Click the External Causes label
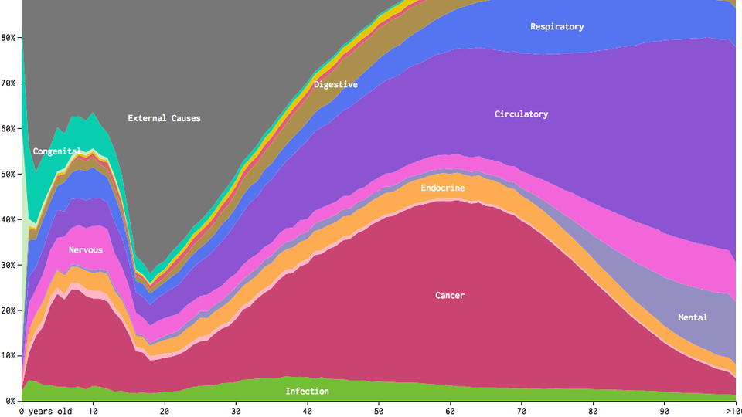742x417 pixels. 164,118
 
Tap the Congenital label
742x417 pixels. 57,151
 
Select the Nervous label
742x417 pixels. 85,250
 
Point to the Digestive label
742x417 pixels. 335,84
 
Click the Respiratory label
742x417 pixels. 556,26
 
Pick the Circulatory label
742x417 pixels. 521,114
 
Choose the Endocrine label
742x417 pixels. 442,188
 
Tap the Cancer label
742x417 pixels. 450,296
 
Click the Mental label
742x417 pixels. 692,317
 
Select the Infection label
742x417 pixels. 307,392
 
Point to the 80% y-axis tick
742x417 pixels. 9,37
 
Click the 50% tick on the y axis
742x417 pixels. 9,174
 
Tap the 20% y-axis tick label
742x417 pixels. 9,310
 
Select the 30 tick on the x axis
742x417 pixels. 237,412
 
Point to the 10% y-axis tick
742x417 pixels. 9,356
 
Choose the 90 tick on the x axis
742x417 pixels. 665,412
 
